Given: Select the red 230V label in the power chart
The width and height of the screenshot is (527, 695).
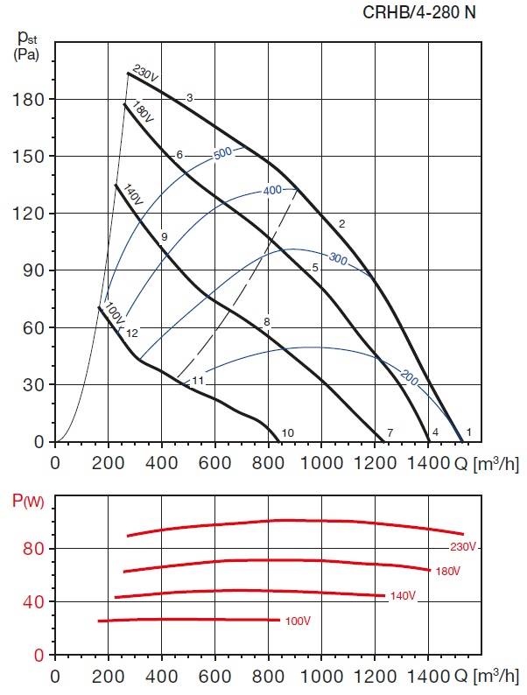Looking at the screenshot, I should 463,547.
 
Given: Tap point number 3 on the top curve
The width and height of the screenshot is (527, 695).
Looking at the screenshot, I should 189,97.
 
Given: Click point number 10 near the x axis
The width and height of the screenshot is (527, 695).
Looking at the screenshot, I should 287,432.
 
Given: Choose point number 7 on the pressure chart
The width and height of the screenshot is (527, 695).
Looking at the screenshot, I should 390,432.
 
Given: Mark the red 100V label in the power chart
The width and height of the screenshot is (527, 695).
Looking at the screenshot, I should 299,621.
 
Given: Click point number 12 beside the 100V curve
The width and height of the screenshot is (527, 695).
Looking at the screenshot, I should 132,333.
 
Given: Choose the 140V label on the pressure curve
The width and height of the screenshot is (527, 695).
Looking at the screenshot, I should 132,195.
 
